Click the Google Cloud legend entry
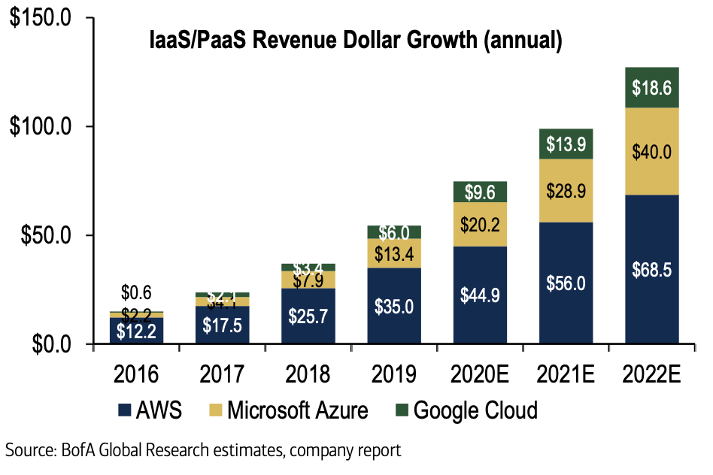tap(466, 411)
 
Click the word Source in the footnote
tap(27, 451)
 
